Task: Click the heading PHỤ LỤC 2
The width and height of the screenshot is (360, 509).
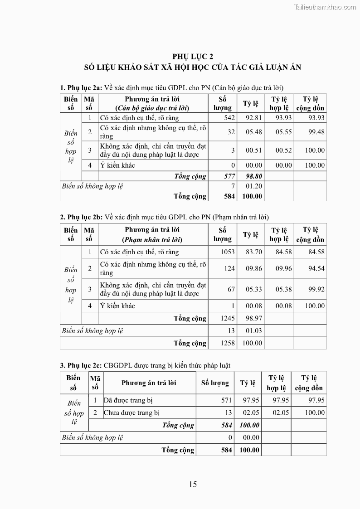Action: [193, 56]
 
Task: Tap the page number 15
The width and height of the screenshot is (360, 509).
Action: [193, 484]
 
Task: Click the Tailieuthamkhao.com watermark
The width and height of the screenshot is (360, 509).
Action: [325, 7]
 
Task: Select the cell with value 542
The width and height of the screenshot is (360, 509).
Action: [229, 118]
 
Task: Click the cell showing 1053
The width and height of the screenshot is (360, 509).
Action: [228, 252]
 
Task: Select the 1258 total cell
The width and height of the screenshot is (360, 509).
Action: [228, 343]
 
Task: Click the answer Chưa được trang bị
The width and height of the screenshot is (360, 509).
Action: [132, 412]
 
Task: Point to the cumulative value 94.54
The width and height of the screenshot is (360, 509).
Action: [315, 268]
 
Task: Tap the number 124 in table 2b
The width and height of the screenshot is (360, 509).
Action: [229, 268]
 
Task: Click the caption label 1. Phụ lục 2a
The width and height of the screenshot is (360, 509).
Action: [81, 87]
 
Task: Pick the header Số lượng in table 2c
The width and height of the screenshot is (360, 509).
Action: [215, 383]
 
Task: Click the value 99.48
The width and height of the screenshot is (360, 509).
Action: [315, 132]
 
